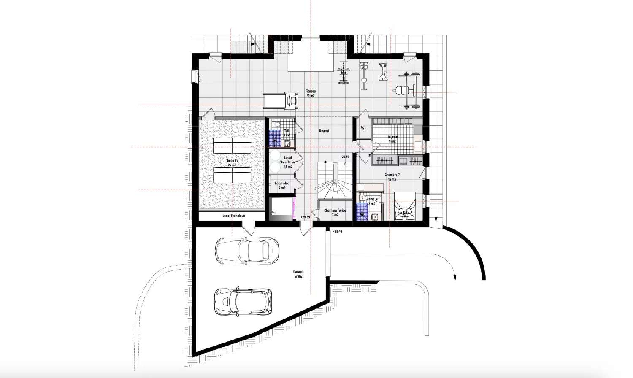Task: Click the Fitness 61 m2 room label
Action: tap(311, 93)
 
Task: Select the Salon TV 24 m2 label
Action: tap(232, 163)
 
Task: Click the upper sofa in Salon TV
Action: tap(232, 146)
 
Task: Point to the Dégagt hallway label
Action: tap(324, 131)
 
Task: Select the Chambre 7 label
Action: tap(392, 177)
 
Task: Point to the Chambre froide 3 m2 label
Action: tap(335, 212)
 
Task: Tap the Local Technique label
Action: tap(233, 216)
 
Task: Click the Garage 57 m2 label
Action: tap(298, 274)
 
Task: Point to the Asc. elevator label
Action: tap(275, 212)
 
